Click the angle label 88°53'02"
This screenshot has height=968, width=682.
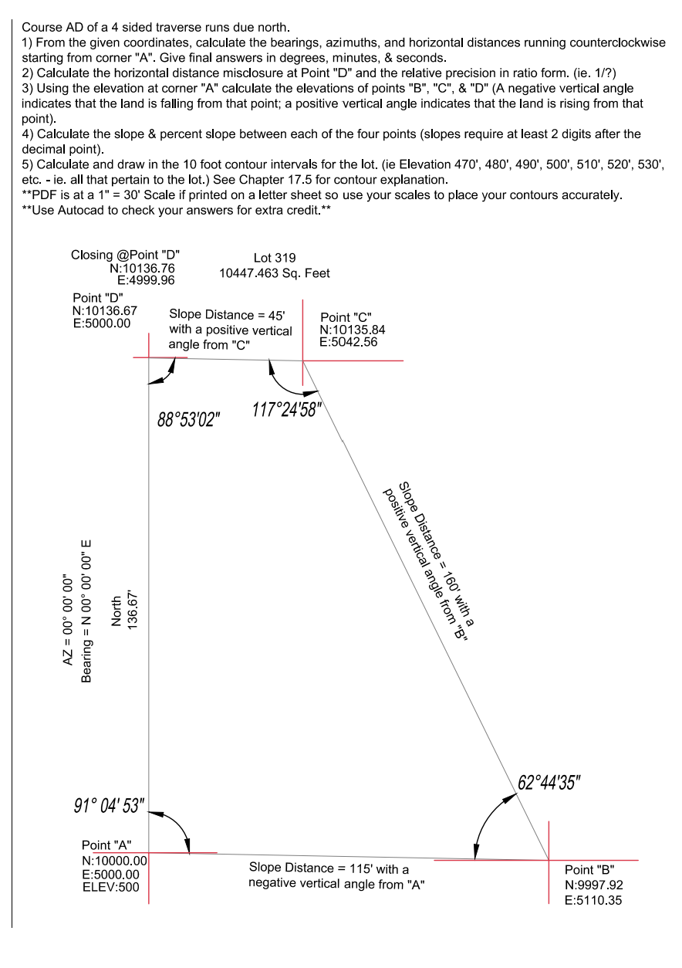click(x=189, y=419)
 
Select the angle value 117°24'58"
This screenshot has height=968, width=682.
click(x=287, y=409)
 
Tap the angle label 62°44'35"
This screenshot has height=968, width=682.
click(x=549, y=782)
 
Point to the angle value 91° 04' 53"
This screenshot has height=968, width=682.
click(x=110, y=805)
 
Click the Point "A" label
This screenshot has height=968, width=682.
click(x=106, y=844)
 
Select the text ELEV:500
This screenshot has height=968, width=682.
click(x=110, y=887)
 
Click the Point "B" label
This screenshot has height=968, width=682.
click(x=589, y=870)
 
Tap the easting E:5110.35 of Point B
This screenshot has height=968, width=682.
click(x=593, y=900)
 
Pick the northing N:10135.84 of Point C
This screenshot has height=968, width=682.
click(x=353, y=330)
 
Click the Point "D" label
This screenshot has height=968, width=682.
click(x=98, y=298)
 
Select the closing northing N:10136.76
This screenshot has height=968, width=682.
click(x=142, y=269)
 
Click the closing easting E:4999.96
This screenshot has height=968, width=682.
click(x=146, y=280)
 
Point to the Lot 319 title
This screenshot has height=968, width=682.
click(x=275, y=258)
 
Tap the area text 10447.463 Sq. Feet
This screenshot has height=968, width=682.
click(x=275, y=273)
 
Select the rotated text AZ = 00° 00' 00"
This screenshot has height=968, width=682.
click(x=67, y=619)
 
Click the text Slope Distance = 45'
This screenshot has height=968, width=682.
click(x=227, y=315)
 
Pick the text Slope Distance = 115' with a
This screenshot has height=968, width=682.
click(x=329, y=868)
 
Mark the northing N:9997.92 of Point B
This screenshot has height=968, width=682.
click(x=594, y=885)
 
